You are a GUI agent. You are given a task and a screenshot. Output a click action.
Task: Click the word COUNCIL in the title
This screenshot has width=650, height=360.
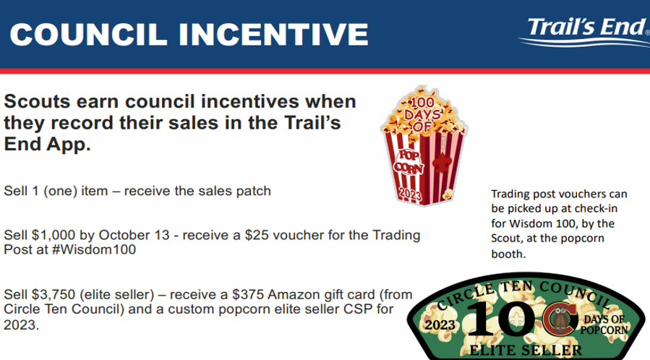[x=88, y=35]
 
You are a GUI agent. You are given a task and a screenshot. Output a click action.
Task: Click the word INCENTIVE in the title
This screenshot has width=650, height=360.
[x=273, y=35]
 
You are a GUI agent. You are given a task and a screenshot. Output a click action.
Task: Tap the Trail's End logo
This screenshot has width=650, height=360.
[x=584, y=32]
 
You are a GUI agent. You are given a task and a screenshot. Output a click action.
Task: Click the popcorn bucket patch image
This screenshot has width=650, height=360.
[x=424, y=145]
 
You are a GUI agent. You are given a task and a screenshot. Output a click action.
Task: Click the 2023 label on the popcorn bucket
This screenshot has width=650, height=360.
[x=410, y=194]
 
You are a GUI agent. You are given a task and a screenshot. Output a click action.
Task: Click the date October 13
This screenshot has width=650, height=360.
[x=134, y=236]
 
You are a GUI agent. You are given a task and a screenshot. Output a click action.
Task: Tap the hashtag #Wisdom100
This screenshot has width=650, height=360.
[x=94, y=249]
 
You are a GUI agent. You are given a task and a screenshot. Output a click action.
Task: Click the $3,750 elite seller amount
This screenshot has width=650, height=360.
[x=54, y=294]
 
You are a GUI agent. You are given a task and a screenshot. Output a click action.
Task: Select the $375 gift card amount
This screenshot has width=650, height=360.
[x=248, y=294]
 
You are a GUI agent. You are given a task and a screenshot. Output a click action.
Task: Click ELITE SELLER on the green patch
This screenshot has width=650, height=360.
[x=526, y=351]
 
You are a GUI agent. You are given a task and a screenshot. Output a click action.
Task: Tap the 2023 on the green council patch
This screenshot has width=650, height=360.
[x=440, y=325]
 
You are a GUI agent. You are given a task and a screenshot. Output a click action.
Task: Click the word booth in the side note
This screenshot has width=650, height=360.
[x=508, y=254]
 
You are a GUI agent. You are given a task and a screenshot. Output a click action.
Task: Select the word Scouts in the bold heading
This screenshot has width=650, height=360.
[x=37, y=101]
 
